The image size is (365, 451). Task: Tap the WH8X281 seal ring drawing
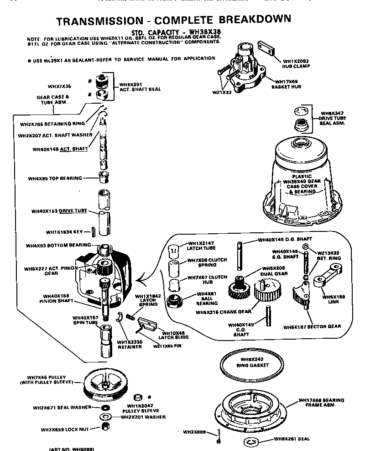click(x=251, y=441)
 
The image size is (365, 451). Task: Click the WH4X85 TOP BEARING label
click(x=55, y=178)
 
